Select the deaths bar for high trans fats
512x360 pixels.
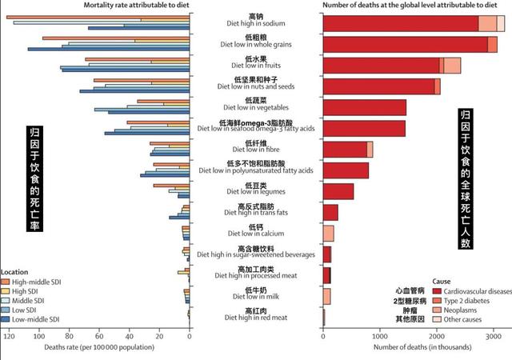click(330, 212)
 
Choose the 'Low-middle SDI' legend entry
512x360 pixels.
click(36, 319)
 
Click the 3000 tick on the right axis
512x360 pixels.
click(493, 336)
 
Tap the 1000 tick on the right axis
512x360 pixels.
click(379, 336)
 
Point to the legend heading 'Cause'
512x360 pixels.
click(442, 282)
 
